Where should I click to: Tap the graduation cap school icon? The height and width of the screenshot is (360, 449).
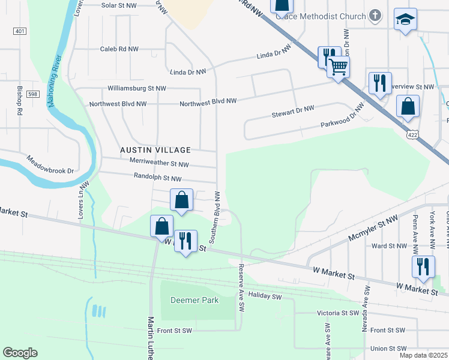(405, 20)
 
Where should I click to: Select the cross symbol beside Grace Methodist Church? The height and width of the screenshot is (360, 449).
(375, 16)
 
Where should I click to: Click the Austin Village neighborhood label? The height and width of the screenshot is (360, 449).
(155, 150)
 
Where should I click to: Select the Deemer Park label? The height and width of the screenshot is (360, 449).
(194, 300)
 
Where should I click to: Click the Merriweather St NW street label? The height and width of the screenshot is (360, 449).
(159, 164)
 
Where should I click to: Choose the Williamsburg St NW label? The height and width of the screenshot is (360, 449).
(136, 88)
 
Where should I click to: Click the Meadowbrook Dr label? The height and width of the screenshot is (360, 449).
(50, 166)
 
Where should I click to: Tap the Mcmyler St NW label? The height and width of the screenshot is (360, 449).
(373, 230)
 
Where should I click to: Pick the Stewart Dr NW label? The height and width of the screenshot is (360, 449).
(293, 109)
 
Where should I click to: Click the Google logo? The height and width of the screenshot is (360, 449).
(20, 353)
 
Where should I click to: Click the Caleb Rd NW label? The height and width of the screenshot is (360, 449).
(119, 49)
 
